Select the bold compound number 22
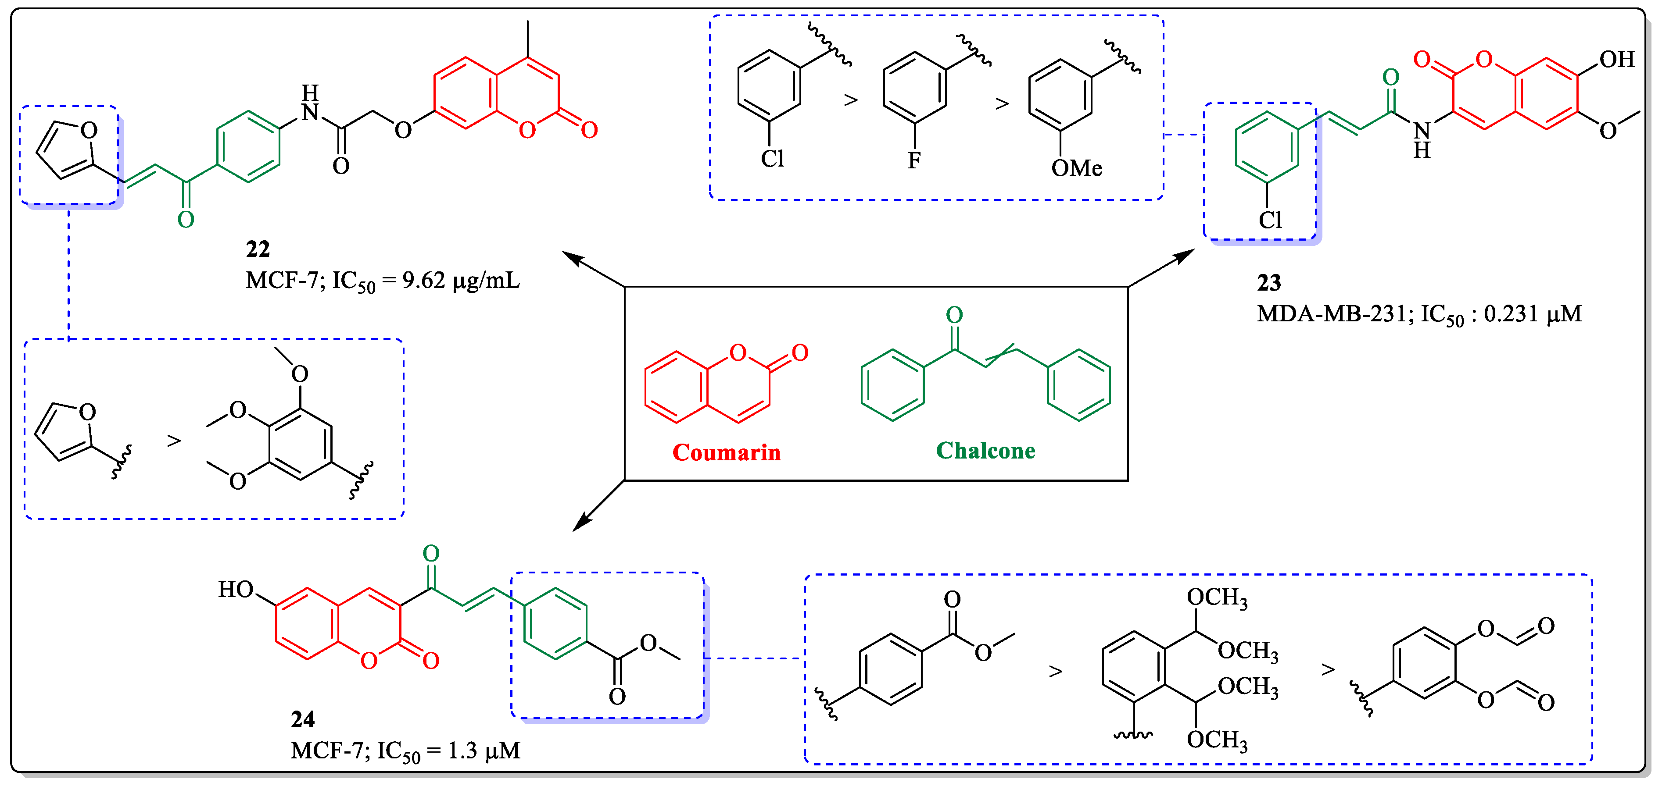pyautogui.click(x=258, y=249)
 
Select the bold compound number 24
pyautogui.click(x=303, y=719)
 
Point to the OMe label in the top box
pyautogui.click(x=1076, y=169)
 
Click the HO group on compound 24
pyautogui.click(x=236, y=589)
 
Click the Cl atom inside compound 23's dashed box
pyautogui.click(x=1270, y=221)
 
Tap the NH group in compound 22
pyautogui.click(x=310, y=103)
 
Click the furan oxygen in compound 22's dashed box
pyautogui.click(x=89, y=131)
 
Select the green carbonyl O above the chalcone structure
pyautogui.click(x=954, y=315)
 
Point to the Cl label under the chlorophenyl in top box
pyautogui.click(x=772, y=159)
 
